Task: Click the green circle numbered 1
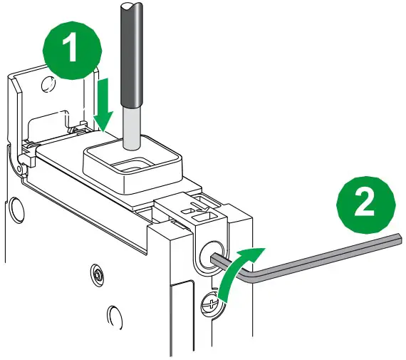[x=72, y=50]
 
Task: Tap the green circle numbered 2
[x=365, y=205]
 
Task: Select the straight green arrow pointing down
[x=103, y=106]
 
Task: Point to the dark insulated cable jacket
[x=130, y=54]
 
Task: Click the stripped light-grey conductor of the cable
[x=132, y=128]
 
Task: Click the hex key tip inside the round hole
[x=217, y=258]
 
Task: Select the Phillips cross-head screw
[x=212, y=304]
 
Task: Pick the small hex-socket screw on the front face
[x=98, y=274]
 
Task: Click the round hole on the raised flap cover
[x=48, y=83]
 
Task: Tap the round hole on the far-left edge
[x=16, y=210]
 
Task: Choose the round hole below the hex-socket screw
[x=114, y=318]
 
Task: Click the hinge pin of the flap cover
[x=19, y=168]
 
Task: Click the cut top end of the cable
[x=131, y=6]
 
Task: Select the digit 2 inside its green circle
[x=365, y=202]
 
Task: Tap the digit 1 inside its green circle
[x=70, y=48]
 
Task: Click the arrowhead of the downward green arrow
[x=103, y=121]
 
